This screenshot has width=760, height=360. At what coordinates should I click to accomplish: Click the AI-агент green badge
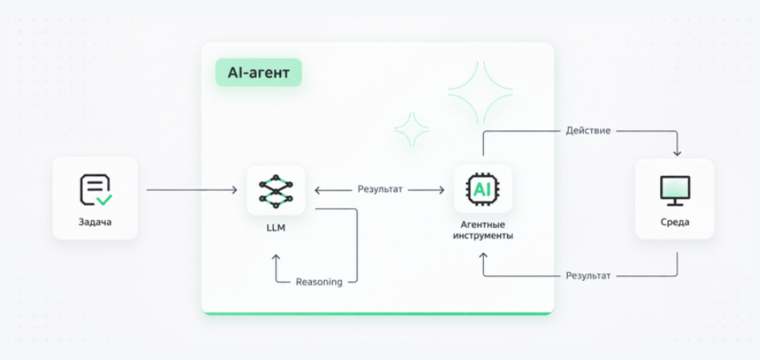[258, 73]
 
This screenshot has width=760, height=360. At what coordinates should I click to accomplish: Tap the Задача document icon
[95, 190]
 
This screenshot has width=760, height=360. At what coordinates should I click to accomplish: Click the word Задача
[95, 222]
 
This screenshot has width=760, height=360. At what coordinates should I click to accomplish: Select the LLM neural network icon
[276, 191]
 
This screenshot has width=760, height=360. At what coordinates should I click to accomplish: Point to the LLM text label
[276, 227]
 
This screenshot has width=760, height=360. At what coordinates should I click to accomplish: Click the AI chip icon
[482, 190]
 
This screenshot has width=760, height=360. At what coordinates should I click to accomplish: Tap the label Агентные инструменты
[482, 230]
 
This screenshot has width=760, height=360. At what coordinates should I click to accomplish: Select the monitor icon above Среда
[674, 190]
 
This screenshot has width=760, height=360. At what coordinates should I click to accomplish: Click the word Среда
[674, 222]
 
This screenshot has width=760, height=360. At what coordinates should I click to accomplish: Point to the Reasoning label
[319, 282]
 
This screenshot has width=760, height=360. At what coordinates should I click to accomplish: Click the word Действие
[588, 131]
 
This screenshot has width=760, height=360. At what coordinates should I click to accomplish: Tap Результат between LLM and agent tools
[380, 190]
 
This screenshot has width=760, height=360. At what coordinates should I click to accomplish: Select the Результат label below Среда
[588, 276]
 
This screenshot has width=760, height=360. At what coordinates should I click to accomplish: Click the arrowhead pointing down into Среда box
[677, 153]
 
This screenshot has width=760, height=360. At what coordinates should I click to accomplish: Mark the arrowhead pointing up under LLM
[276, 258]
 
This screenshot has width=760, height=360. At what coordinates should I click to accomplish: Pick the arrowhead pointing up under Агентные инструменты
[483, 256]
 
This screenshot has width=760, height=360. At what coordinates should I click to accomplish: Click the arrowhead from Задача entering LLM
[234, 190]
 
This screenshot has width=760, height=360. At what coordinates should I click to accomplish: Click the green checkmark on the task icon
[104, 200]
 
